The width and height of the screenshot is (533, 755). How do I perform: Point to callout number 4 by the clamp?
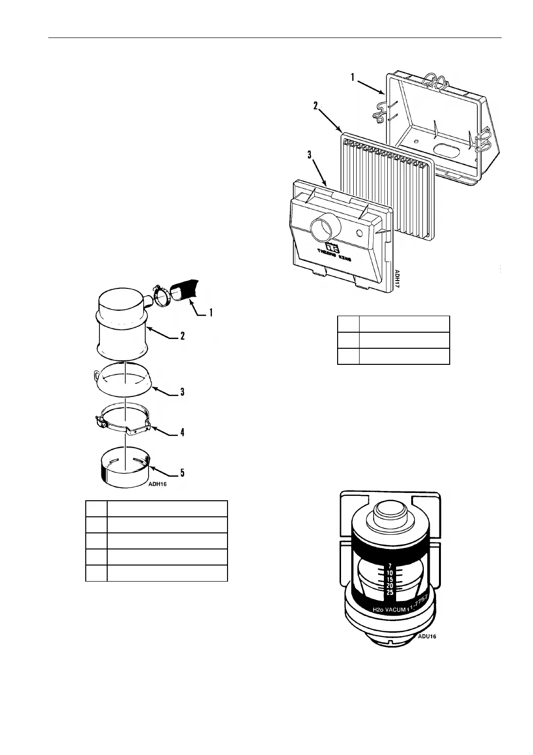tap(183, 432)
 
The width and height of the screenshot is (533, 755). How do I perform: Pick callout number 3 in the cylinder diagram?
tap(182, 392)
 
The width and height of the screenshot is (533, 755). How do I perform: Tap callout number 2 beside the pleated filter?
tap(316, 106)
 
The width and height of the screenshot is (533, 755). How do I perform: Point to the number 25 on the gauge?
tap(389, 592)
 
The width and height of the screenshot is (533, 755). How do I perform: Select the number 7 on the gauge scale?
tap(390, 566)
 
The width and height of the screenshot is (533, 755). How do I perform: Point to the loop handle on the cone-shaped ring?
tap(97, 374)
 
